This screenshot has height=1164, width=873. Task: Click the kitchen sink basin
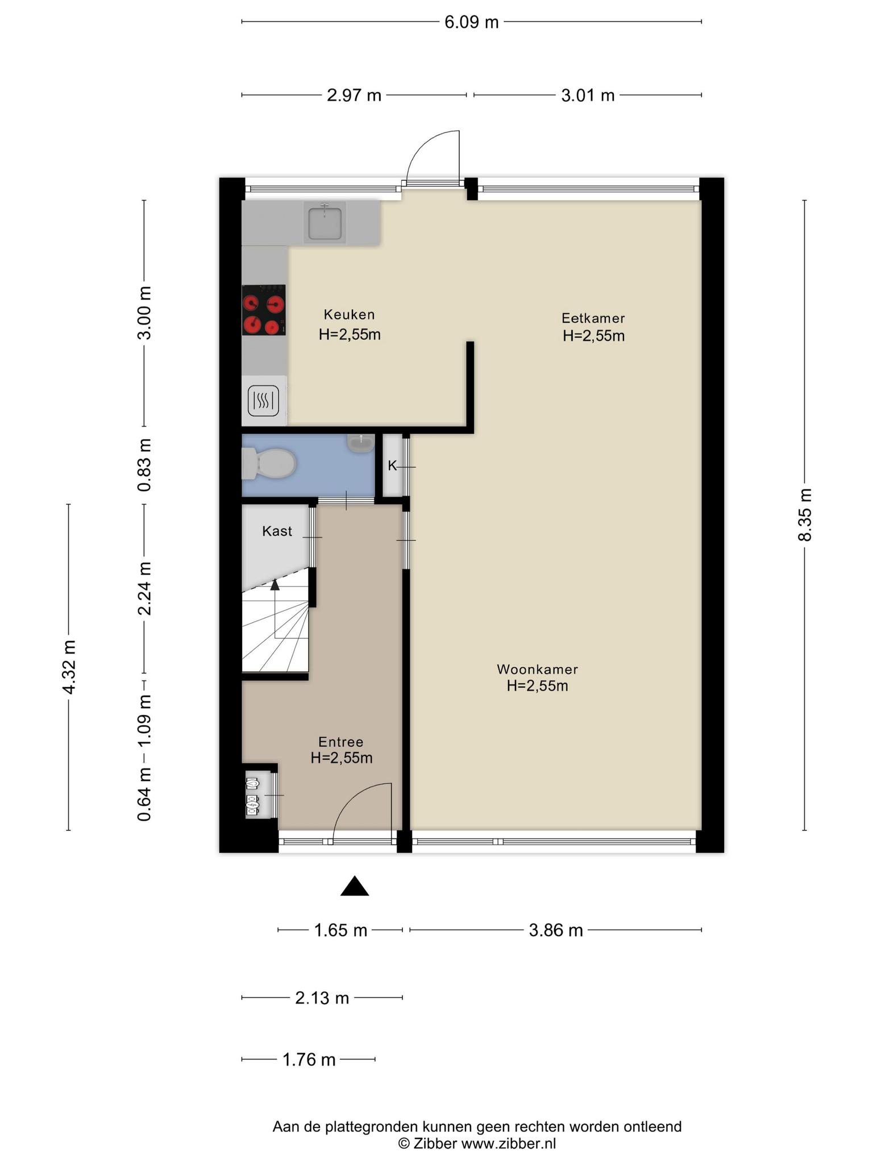click(x=325, y=223)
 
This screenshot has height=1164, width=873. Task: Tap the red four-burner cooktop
click(x=264, y=310)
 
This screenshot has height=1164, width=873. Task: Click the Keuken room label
click(x=349, y=314)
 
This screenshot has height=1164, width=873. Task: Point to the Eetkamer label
click(x=593, y=318)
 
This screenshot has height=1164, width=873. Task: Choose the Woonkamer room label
click(x=537, y=669)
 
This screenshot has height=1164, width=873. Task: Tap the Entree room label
click(x=340, y=742)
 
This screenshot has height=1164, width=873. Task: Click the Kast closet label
click(x=277, y=531)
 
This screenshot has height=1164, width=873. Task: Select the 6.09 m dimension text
click(x=471, y=22)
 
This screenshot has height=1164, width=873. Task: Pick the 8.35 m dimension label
click(x=805, y=514)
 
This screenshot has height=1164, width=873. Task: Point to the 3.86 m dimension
click(x=556, y=930)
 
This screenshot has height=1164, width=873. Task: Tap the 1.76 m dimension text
click(x=309, y=1059)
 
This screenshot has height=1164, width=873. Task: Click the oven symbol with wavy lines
click(x=263, y=401)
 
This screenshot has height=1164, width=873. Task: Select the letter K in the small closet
click(x=392, y=466)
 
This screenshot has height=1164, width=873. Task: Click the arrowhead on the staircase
click(x=275, y=584)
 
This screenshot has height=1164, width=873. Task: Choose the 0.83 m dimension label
click(x=145, y=465)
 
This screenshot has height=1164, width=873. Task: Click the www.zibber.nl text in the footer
click(x=508, y=1143)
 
